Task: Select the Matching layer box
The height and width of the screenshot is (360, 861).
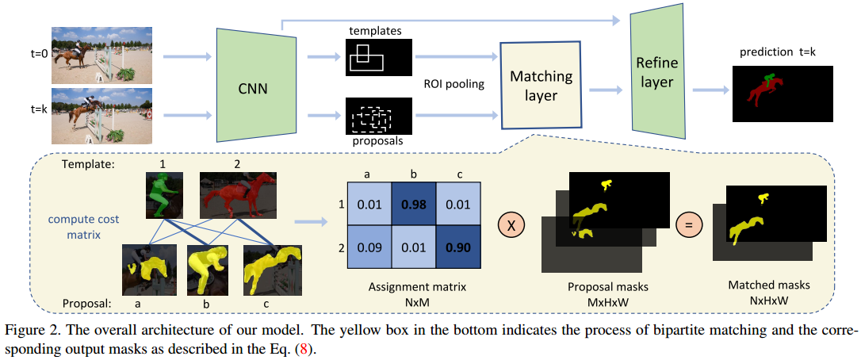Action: coord(540,86)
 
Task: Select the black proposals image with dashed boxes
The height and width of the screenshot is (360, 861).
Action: coord(379,116)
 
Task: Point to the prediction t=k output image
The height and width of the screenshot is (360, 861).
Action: coord(781,94)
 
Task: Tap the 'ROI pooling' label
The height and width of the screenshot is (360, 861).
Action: coord(454,82)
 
